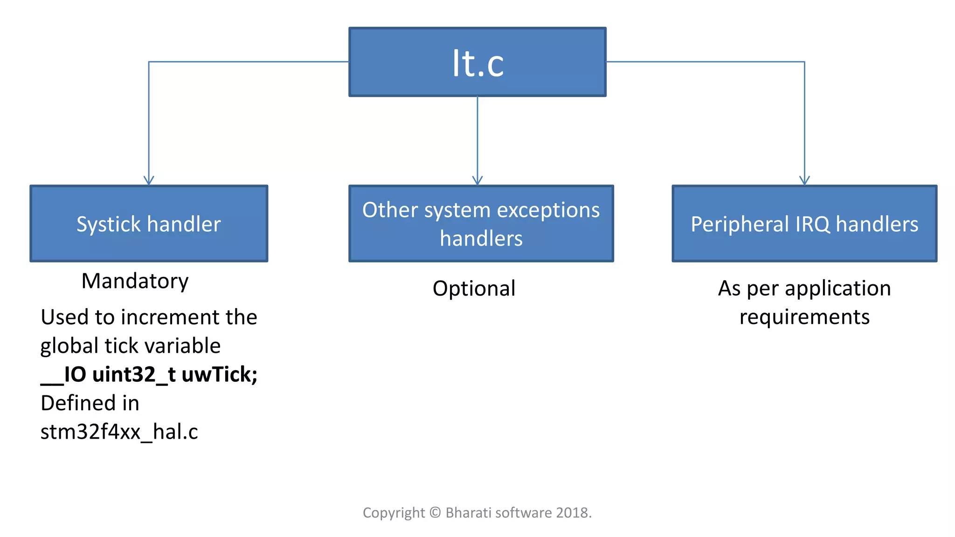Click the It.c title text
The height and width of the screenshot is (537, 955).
tap(477, 63)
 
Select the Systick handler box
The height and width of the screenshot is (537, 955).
tap(149, 224)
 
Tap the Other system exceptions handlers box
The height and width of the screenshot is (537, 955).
tap(481, 224)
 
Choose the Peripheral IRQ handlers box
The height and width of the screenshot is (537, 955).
tap(804, 224)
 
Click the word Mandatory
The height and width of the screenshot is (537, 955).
tap(135, 281)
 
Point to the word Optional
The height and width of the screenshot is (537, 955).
tap(474, 289)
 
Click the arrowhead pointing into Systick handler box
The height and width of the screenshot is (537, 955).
tap(149, 180)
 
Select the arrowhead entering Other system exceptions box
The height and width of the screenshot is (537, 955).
tap(477, 180)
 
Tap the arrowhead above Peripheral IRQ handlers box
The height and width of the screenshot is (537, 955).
tap(804, 180)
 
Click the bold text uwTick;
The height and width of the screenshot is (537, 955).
tap(219, 374)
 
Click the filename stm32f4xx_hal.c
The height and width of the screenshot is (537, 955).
tap(119, 432)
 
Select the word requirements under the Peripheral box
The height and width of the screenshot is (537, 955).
tap(804, 317)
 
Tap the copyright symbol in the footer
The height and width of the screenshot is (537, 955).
tap(435, 513)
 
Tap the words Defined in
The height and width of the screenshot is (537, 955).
tap(90, 403)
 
